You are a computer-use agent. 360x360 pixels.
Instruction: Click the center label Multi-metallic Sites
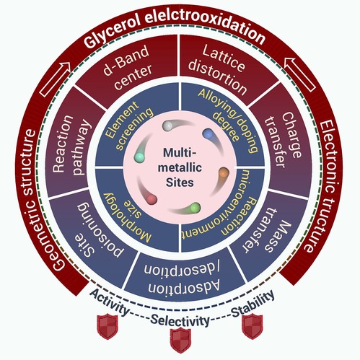180,167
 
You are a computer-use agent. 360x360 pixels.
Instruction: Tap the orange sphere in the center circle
224,172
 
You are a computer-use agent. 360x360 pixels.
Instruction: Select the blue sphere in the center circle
208,134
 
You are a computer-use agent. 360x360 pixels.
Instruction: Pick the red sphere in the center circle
152,199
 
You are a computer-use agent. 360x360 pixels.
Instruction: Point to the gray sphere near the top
167,126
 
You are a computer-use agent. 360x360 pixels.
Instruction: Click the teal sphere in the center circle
139,157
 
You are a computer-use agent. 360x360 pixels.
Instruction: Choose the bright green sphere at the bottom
195,208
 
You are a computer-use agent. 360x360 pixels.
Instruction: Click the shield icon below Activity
107,326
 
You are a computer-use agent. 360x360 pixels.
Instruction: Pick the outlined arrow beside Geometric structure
55,79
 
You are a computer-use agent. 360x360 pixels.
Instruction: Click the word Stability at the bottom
253,304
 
